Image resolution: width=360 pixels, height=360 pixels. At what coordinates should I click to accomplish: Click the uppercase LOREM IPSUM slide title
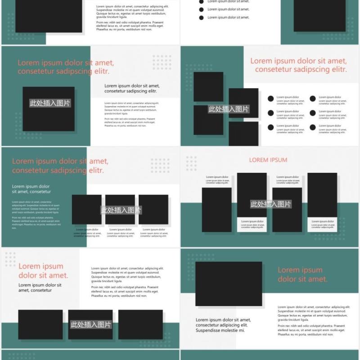(268, 160)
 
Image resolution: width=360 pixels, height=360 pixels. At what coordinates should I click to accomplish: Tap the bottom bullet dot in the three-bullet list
(201, 18)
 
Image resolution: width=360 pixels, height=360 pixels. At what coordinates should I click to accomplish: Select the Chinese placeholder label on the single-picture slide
(50, 103)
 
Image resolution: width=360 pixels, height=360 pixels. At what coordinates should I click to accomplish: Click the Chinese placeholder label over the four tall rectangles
(270, 204)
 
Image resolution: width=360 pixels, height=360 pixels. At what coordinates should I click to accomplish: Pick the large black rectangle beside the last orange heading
(229, 284)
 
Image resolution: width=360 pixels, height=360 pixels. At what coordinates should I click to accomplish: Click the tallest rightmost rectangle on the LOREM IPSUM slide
(322, 195)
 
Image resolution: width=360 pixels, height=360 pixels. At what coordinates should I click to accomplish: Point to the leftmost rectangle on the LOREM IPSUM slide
(216, 210)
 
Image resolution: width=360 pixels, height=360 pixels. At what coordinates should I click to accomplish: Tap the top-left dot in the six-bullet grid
(270, 99)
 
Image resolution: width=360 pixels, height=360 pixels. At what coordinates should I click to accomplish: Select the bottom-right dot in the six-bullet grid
(313, 127)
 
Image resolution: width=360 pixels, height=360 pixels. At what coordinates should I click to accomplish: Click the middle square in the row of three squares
(120, 210)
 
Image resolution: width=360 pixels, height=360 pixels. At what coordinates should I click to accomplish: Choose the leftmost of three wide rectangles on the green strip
(40, 324)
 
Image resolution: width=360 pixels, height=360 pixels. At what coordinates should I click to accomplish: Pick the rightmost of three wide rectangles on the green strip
(140, 324)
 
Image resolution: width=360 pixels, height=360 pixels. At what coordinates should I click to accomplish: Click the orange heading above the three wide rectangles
(43, 271)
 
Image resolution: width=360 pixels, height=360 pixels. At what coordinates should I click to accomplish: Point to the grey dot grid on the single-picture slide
(162, 62)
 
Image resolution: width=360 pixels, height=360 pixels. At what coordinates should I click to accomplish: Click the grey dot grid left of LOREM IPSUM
(191, 163)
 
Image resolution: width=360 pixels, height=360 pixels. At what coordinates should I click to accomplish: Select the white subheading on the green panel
(31, 189)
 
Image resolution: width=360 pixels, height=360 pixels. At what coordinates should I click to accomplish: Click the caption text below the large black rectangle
(223, 325)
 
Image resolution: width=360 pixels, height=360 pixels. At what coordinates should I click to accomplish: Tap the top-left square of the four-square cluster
(208, 86)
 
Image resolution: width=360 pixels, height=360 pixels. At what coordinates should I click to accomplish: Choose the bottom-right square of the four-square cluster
(243, 134)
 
